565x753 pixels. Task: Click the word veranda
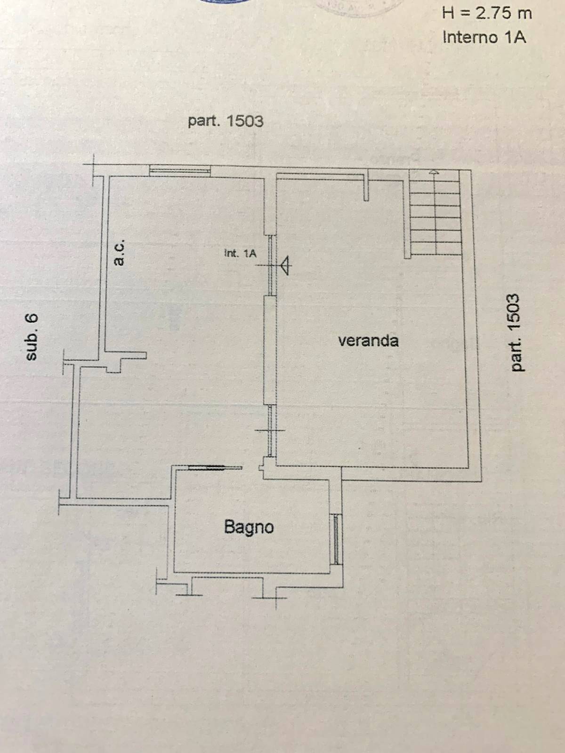[368, 340]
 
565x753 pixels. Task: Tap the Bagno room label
[249, 527]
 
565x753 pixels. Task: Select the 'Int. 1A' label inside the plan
[240, 254]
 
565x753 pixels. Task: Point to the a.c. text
[119, 253]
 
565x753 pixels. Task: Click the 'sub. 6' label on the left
[31, 336]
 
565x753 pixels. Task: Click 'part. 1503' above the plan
[226, 121]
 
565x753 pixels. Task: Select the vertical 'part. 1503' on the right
[515, 332]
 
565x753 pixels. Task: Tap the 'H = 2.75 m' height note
[487, 13]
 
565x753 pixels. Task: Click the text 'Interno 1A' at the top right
[484, 37]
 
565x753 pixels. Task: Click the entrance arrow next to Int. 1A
[284, 266]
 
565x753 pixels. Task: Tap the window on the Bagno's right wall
[336, 539]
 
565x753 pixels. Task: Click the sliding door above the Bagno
[207, 468]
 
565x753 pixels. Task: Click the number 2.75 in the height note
[492, 13]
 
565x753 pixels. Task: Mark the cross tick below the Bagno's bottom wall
[275, 598]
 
